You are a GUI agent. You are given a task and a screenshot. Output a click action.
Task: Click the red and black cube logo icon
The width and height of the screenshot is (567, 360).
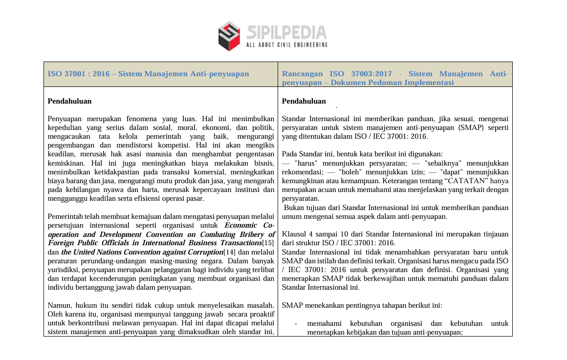pos(229,36)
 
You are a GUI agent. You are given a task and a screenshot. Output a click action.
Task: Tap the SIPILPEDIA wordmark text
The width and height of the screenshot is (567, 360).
pos(286,33)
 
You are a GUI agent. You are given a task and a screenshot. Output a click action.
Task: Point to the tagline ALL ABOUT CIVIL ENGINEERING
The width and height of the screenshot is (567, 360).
pos(286,45)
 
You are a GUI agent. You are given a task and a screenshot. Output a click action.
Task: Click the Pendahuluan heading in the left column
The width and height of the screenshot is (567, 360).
pos(69,102)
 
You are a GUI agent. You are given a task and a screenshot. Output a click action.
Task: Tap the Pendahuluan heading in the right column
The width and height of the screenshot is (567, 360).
pos(304,102)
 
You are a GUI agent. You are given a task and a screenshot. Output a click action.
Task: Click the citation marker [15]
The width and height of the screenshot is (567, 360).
pos(268,243)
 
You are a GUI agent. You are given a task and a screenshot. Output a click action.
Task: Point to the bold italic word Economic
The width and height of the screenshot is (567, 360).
pos(241,226)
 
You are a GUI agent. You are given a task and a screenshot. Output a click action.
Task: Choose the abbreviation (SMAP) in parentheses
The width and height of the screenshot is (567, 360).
pos(470,128)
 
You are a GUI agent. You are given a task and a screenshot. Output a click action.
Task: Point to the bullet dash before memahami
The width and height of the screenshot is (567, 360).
pos(296,324)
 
